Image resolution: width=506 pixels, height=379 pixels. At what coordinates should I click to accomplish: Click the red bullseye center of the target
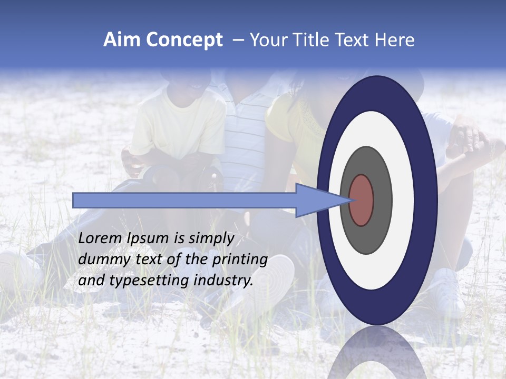pos(362,200)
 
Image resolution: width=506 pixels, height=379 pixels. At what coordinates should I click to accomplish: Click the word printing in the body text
pos(241,260)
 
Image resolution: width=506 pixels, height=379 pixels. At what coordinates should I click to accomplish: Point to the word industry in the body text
pos(221,281)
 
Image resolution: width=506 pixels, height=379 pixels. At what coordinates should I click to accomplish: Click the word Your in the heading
pos(267,40)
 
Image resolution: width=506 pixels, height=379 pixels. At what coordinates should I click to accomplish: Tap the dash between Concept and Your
pos(238,41)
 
